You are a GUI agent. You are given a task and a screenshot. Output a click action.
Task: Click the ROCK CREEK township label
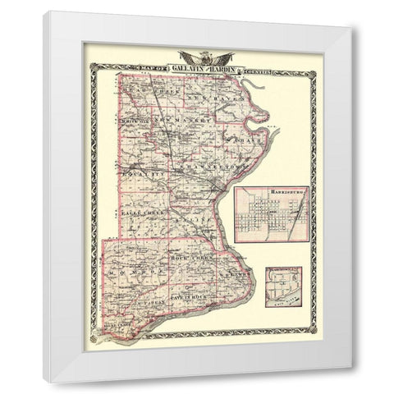[x=190, y=258]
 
